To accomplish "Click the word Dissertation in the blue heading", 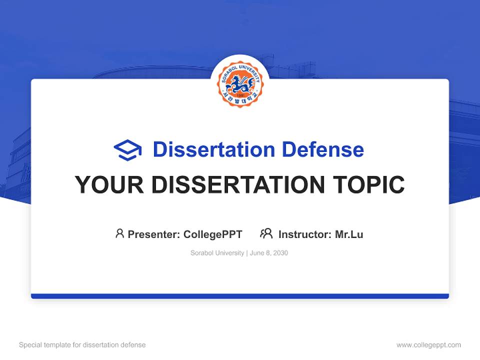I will [x=213, y=149].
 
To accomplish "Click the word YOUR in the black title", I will [x=109, y=185].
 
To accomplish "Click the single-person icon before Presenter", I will [x=119, y=233].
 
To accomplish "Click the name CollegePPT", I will [x=213, y=234].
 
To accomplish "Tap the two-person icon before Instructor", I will [x=266, y=233].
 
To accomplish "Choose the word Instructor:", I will [x=304, y=234].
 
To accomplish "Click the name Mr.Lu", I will [x=349, y=234].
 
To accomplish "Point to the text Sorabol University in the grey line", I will [x=216, y=253].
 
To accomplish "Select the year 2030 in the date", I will [x=280, y=253].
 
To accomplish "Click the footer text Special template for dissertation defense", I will [x=82, y=345].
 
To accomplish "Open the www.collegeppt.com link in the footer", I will [x=428, y=345].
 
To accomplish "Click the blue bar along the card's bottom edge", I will [x=240, y=296].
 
